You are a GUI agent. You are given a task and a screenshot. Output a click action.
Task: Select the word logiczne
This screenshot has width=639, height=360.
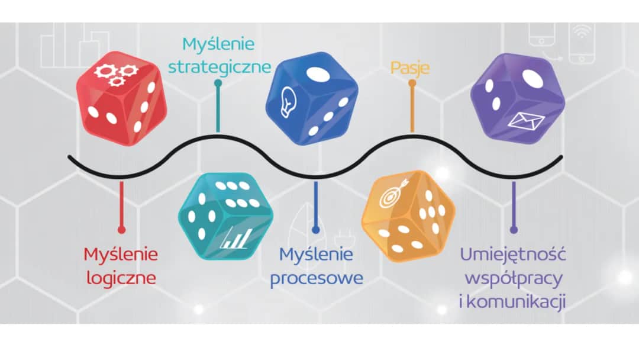121,277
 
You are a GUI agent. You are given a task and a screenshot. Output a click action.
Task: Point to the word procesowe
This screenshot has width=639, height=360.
317,278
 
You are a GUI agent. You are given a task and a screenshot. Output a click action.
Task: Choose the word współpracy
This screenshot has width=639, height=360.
514,278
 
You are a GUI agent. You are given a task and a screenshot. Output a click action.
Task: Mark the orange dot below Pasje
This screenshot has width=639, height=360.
412,83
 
